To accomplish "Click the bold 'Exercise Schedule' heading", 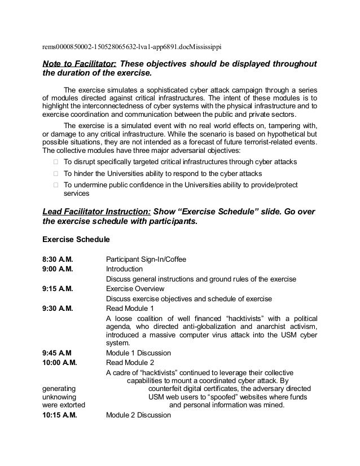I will [76, 239].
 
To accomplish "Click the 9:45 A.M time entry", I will [56, 353].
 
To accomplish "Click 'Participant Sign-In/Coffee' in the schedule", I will [146, 260].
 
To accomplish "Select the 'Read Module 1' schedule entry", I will [130, 309].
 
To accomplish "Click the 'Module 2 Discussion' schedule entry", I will [138, 416].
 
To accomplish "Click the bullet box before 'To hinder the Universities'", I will [55, 173].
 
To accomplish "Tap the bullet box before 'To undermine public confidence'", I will [55, 184].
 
